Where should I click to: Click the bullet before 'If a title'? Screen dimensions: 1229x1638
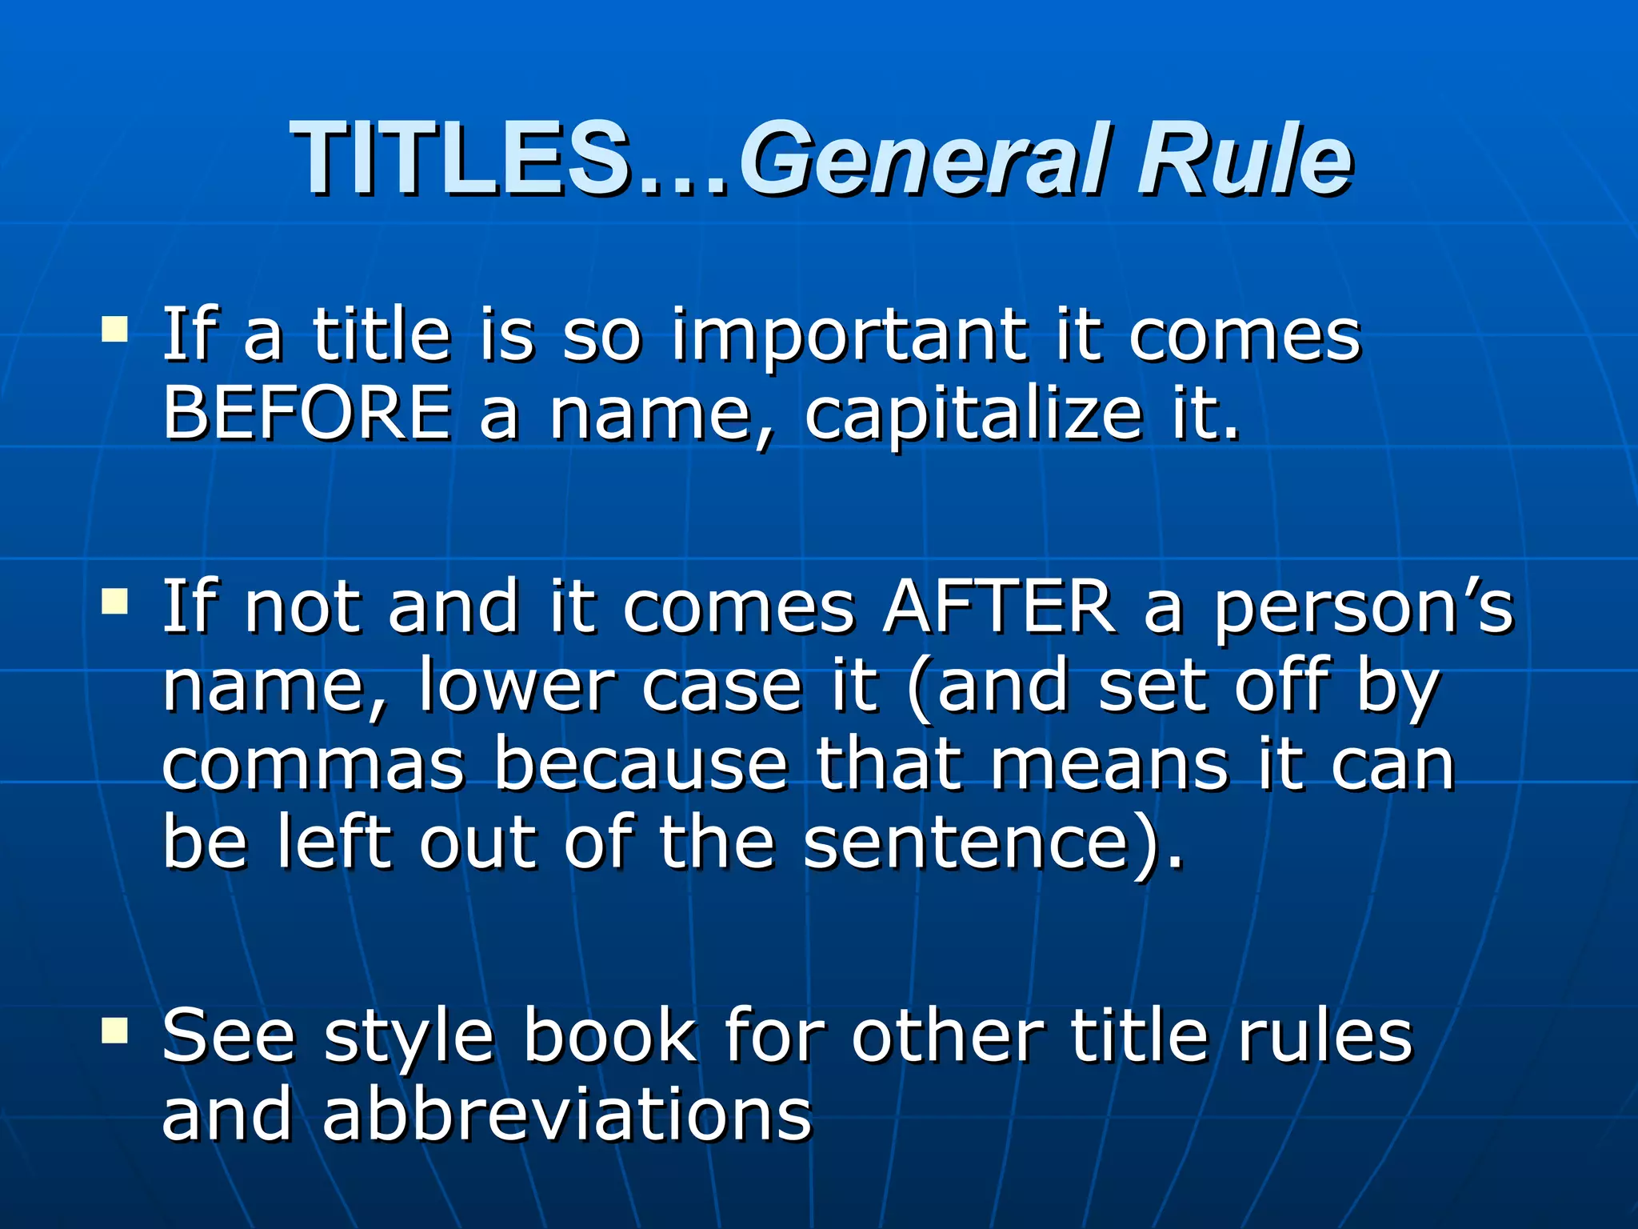coord(115,328)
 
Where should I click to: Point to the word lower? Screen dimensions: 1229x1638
coord(517,687)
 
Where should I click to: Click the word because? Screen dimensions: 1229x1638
coord(641,765)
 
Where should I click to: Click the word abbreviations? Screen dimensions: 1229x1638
coord(567,1115)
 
